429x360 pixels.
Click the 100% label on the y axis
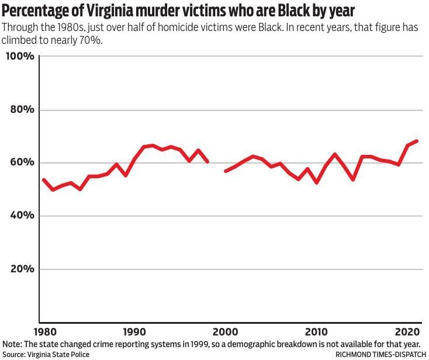(20, 57)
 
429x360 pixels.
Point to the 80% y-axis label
(22, 110)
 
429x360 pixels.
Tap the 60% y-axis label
(22, 162)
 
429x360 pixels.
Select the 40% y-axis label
(22, 216)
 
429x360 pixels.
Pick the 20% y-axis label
(22, 269)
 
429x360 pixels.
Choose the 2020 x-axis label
(407, 330)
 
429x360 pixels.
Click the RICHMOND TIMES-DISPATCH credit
(380, 354)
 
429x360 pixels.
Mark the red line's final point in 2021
(417, 141)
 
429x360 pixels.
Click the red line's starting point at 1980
(44, 180)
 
